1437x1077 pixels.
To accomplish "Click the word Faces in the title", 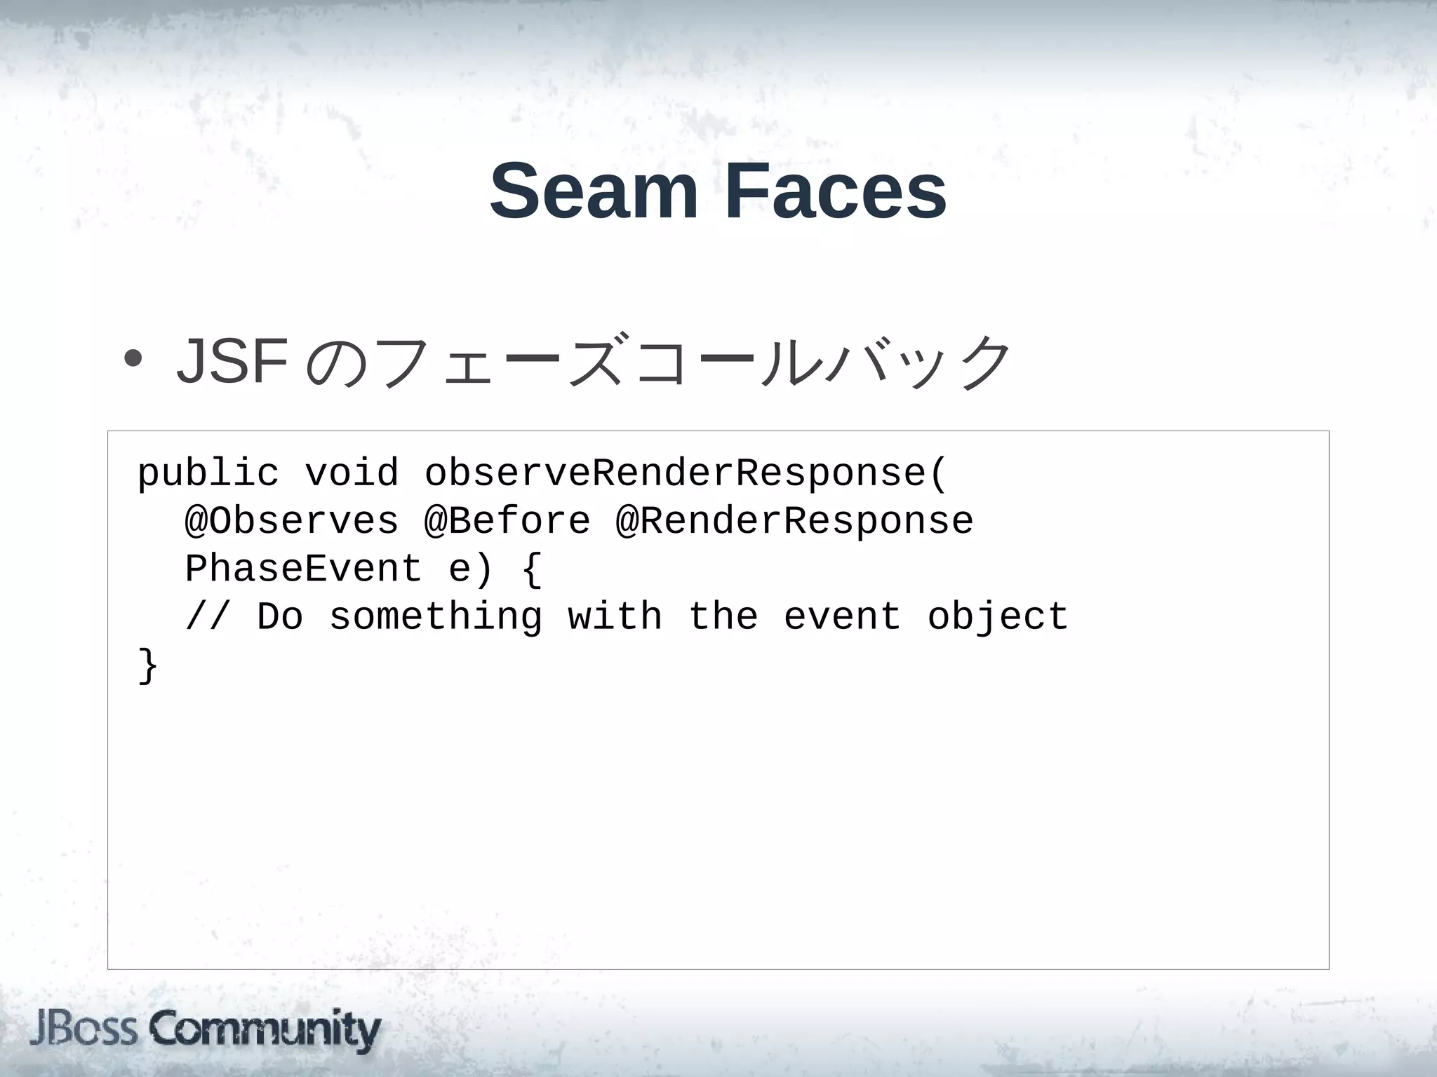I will tap(836, 191).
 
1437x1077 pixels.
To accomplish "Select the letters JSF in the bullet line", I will tap(232, 362).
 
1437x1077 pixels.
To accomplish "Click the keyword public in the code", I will tap(208, 473).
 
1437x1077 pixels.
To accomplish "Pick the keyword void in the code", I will tap(352, 473).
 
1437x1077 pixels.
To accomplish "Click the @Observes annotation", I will tap(292, 521).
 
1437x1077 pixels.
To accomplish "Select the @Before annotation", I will tap(507, 521).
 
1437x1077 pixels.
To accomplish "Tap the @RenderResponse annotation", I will tap(794, 521).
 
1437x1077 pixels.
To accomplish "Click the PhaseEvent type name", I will tap(304, 569).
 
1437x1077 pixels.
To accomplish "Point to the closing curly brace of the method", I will tap(148, 665).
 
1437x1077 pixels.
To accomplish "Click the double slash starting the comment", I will tap(208, 617).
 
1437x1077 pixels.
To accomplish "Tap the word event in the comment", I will tap(842, 617).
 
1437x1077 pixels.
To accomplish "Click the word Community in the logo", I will tap(265, 1030).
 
